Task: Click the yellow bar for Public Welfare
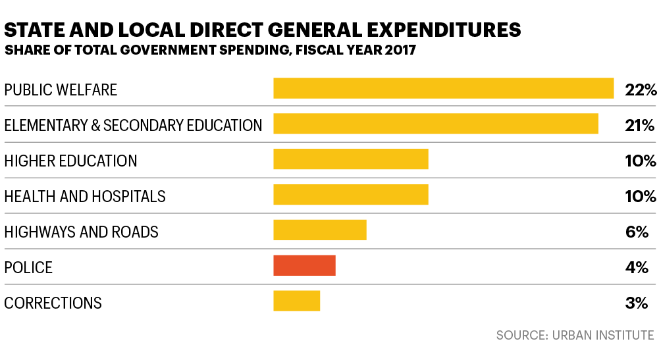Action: point(443,89)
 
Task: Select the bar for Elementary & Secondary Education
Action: point(435,124)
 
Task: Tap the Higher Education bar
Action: point(350,160)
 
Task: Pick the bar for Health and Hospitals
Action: point(350,195)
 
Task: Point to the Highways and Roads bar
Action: point(319,231)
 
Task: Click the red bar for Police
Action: point(304,267)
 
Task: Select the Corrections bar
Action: point(296,302)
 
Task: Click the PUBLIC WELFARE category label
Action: point(61,90)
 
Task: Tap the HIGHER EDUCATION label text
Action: point(70,161)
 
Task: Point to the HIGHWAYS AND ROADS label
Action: point(81,232)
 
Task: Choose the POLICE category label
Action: point(28,267)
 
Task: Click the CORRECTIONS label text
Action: point(53,303)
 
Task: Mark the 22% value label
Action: point(641,90)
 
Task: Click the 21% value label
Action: point(640,125)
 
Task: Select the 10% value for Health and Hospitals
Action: point(640,196)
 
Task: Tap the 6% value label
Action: point(637,232)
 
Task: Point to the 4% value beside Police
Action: point(637,267)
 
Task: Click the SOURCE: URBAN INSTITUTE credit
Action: point(575,335)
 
